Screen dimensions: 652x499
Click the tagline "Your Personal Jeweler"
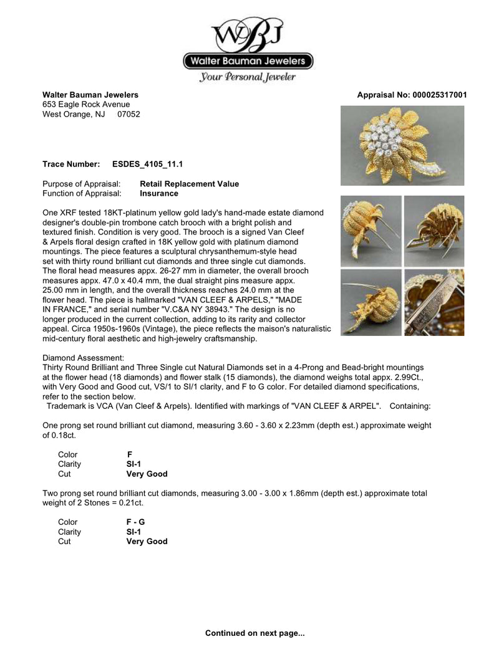248,77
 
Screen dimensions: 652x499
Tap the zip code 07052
128,115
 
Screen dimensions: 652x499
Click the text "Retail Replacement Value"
189,184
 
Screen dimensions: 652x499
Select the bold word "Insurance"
159,194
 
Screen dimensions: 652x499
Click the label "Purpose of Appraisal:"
81,184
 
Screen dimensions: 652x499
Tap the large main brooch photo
402,145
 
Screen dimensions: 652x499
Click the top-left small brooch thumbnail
371,231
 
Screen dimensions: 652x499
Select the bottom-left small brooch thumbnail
371,303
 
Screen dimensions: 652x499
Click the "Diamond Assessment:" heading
83,358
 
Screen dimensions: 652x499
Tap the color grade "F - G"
136,522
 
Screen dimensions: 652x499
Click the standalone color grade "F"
130,454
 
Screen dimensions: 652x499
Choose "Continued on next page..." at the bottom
255,633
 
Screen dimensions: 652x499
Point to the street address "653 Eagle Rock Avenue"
86,105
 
